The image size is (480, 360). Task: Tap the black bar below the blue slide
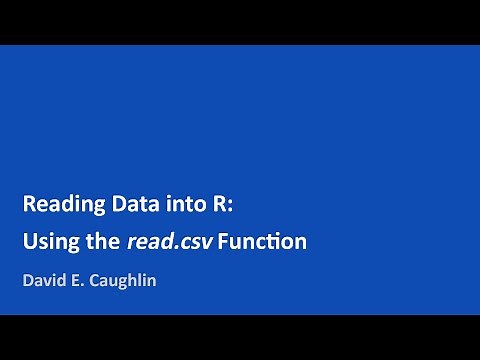(240, 337)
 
